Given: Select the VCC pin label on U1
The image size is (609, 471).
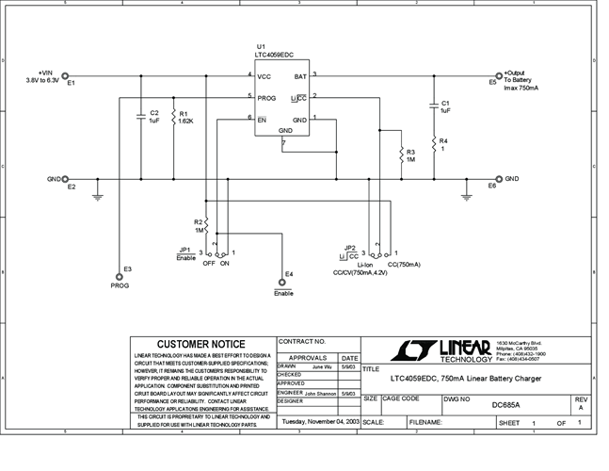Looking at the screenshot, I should tap(264, 75).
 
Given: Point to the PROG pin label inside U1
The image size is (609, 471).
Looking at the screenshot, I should tap(267, 96).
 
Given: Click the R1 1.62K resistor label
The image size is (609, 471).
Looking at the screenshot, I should tap(186, 118).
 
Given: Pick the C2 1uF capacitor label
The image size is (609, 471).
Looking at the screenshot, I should tap(154, 117).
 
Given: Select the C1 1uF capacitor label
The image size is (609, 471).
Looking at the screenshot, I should tap(446, 106).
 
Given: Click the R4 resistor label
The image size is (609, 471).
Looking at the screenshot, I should tap(443, 144).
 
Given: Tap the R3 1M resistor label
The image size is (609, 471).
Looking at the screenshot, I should tap(410, 155).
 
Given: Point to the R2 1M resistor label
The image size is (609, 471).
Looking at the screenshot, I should tap(199, 225).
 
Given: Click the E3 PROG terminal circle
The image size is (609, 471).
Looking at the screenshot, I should tap(120, 277).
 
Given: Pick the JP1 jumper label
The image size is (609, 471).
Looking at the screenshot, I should tap(186, 250).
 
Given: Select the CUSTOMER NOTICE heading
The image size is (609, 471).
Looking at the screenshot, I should tap(200, 344).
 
